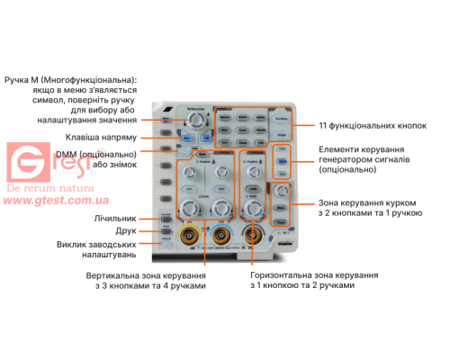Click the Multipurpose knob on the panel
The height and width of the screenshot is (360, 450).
point(194,119)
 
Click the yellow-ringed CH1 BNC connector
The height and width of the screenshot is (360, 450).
point(191,238)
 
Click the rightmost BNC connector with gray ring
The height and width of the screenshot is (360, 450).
point(254,238)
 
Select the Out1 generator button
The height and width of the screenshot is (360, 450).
point(283,148)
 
